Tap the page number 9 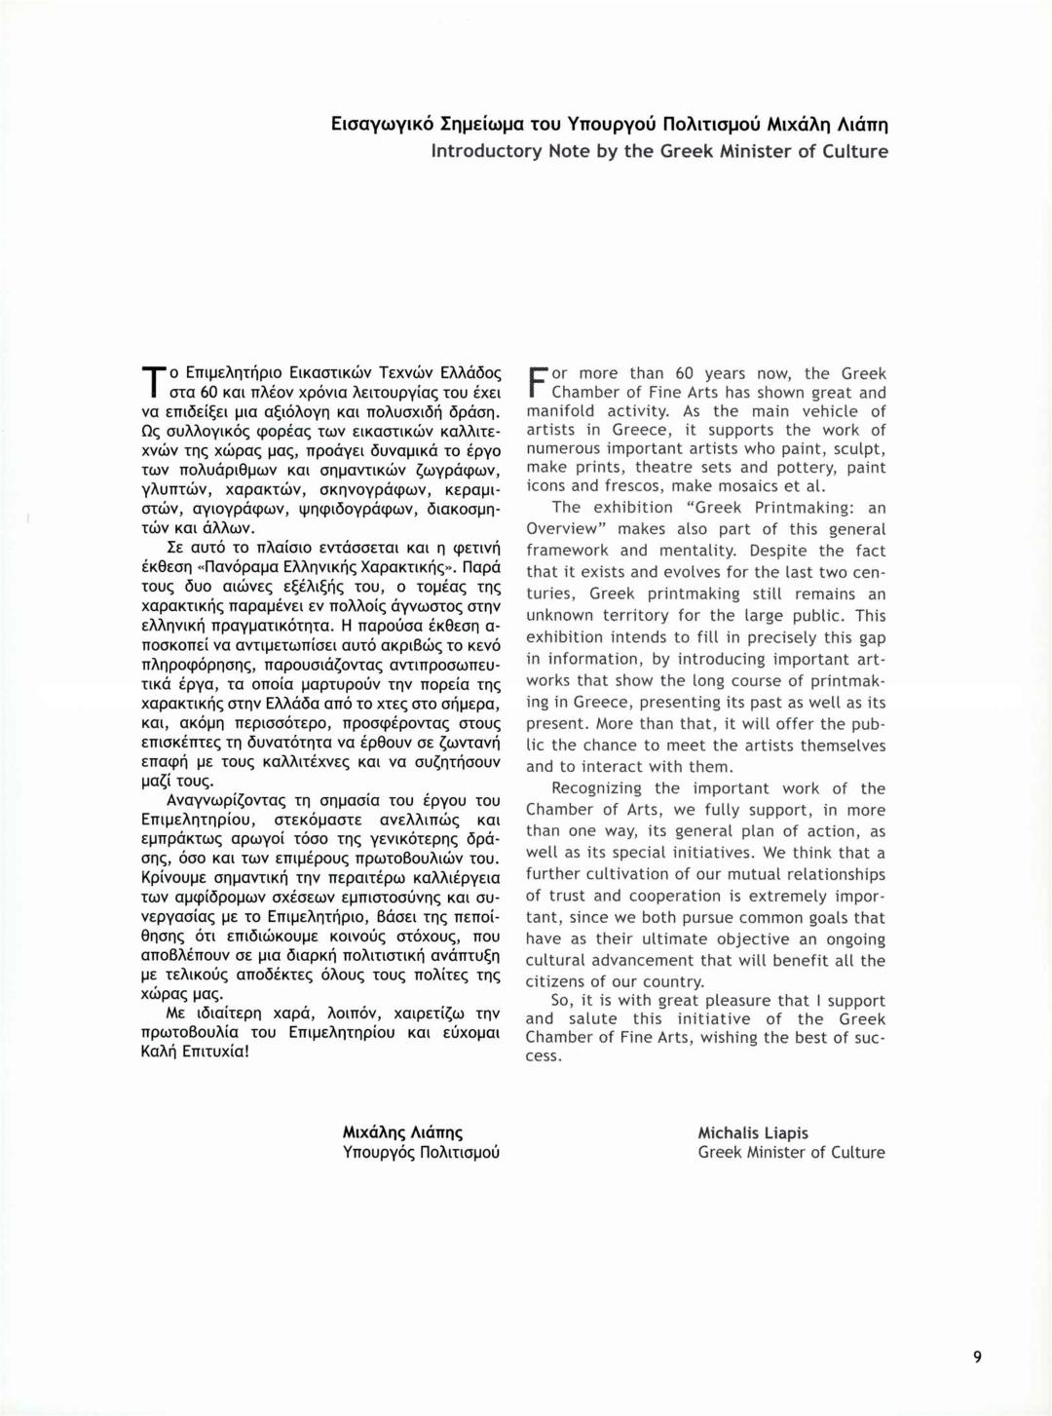[x=976, y=1358]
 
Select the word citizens [x=559, y=981]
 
